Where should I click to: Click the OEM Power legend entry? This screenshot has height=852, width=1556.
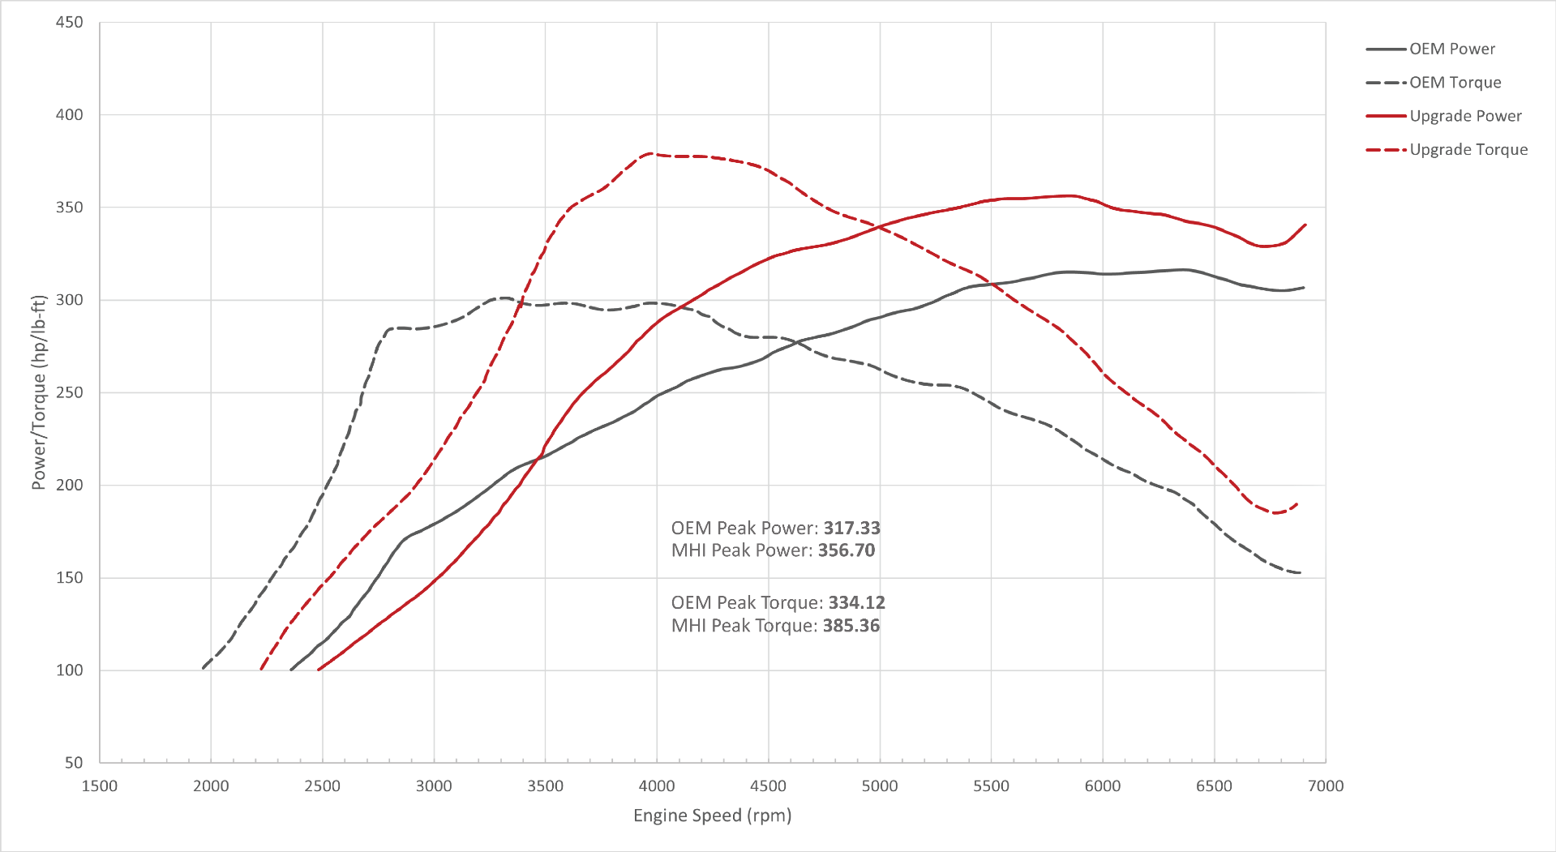(1451, 49)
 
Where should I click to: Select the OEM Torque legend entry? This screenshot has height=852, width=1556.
(1455, 83)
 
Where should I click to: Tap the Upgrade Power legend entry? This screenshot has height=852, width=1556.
(1464, 116)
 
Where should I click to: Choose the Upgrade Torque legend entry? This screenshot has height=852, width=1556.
(1468, 150)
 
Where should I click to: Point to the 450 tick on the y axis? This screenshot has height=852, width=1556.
(69, 23)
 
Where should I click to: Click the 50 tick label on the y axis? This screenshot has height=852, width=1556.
(74, 762)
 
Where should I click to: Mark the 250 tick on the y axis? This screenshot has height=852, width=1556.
(69, 392)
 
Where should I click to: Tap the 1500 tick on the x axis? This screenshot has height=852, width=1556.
(100, 786)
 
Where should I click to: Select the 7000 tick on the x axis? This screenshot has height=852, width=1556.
(1326, 786)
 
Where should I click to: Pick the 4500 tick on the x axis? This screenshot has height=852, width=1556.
(768, 786)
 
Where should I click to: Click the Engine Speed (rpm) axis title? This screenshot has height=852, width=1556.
(712, 816)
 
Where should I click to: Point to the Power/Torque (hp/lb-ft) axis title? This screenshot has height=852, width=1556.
(38, 392)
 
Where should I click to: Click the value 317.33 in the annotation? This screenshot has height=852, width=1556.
(851, 528)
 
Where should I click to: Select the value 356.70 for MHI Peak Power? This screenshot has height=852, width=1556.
(847, 550)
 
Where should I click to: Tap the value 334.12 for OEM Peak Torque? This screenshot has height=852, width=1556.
(856, 602)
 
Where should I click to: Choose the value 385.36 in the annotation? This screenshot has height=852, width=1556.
(851, 625)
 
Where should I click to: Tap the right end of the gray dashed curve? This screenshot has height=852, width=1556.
(1301, 573)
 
